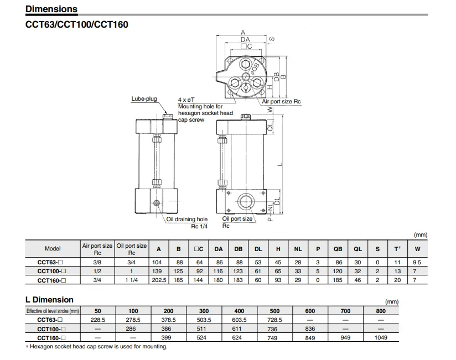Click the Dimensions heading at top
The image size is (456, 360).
pos(51,9)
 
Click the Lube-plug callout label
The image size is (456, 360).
pos(143,99)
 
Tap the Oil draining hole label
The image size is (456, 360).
pos(187,219)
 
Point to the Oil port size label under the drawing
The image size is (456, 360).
pos(237,219)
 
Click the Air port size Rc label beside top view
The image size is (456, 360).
pos(281,102)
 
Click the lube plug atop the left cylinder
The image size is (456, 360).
pos(169,116)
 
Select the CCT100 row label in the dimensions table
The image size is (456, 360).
pos(53,271)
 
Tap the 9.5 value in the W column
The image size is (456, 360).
pos(417,263)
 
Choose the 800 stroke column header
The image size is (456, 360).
pos(381,311)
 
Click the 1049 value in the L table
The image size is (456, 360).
pos(381,337)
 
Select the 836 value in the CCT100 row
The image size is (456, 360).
pos(310,328)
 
